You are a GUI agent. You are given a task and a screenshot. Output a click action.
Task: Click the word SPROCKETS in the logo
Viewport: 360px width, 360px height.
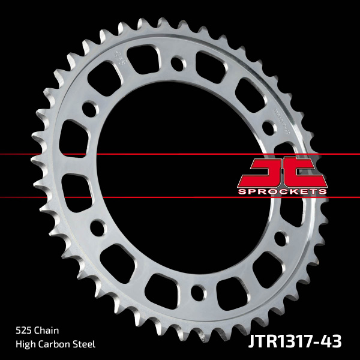click(281, 191)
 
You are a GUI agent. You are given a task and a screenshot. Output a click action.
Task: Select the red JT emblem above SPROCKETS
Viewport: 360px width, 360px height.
click(281, 172)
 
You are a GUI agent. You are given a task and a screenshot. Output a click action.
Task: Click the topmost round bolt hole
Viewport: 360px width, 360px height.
click(178, 62)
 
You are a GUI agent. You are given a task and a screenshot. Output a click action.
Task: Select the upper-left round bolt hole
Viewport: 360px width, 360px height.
click(89, 110)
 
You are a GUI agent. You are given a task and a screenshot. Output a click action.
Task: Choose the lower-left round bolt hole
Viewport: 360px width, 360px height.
click(95, 229)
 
